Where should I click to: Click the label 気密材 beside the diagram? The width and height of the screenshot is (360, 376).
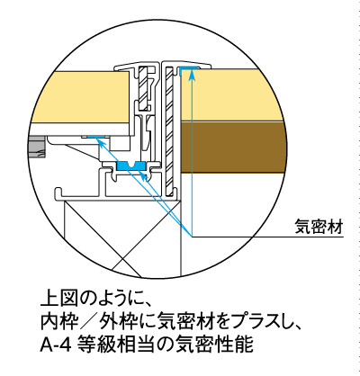(x=319, y=227)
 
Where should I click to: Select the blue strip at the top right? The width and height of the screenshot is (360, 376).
(x=188, y=68)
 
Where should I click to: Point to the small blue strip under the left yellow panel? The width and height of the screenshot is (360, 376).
(x=96, y=137)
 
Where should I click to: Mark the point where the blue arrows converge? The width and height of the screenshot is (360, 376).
(x=192, y=237)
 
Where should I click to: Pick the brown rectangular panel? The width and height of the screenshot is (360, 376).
(x=232, y=147)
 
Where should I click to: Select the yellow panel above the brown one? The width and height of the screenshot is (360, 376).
(x=231, y=95)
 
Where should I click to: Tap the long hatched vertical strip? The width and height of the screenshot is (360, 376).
(x=170, y=129)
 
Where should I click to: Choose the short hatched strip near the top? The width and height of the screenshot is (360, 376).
(x=143, y=87)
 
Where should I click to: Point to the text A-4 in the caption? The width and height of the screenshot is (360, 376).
(x=56, y=345)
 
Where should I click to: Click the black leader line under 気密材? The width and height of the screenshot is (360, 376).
(x=267, y=237)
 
